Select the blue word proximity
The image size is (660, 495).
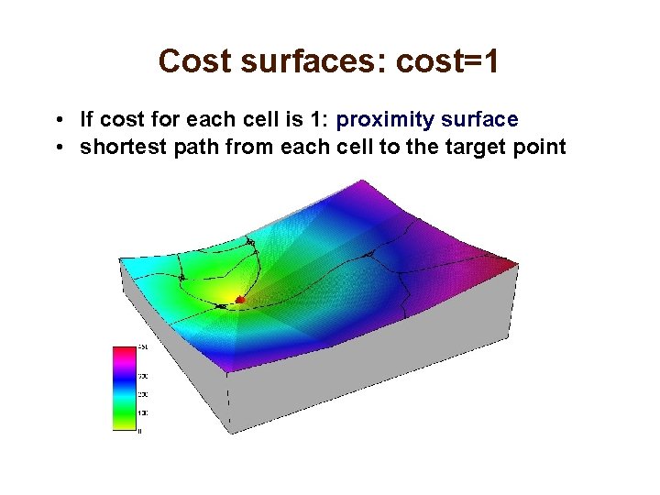(385, 120)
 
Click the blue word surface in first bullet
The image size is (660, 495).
(479, 120)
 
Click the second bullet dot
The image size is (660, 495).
(58, 148)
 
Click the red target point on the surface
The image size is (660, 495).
(240, 299)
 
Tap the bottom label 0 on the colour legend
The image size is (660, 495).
(139, 430)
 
